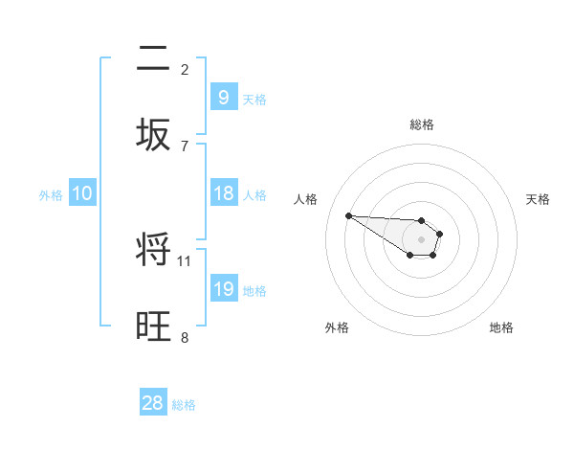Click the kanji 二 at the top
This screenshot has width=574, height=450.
[x=154, y=59]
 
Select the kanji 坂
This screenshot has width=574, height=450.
[x=154, y=135]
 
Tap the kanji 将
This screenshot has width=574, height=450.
[x=154, y=250]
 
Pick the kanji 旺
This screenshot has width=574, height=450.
[x=154, y=326]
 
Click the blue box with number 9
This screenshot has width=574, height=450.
[x=223, y=97]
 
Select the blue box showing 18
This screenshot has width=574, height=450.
[x=223, y=193]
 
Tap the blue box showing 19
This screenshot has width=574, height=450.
[x=223, y=289]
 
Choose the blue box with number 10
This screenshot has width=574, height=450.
[x=82, y=193]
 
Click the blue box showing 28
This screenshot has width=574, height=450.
[x=153, y=403]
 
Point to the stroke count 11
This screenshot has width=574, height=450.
[x=185, y=260]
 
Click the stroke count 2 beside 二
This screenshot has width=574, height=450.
[x=185, y=69]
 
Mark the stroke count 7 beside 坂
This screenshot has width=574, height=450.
[x=185, y=146]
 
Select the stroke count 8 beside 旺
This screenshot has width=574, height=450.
[x=185, y=337]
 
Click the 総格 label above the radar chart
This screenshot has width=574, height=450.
[x=422, y=124]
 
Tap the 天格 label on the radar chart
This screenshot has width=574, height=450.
[x=539, y=199]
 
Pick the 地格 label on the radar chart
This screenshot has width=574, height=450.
[x=501, y=327]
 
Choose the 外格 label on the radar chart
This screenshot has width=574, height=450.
[x=337, y=327]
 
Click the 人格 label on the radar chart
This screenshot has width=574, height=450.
[x=306, y=199]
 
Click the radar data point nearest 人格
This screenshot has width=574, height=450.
[x=348, y=215]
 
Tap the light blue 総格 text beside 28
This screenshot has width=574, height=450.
[x=184, y=405]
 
